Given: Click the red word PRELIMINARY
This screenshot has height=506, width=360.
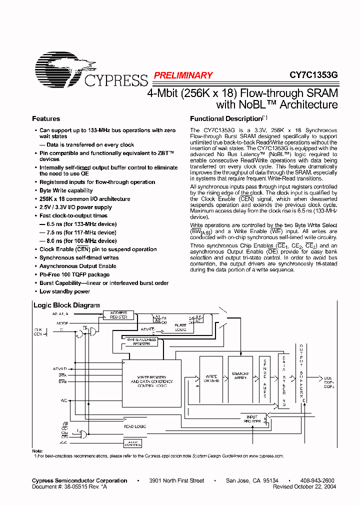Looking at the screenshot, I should pos(183,75).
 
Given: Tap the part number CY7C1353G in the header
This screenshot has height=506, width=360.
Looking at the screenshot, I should pos(313,75).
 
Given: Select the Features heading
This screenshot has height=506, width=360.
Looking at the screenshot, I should pos(46,119).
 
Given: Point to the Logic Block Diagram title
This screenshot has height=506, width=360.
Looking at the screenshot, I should pos(66,305).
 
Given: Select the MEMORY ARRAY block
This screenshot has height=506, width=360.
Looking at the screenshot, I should pos(240,376).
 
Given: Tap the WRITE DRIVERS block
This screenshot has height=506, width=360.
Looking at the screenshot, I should pos(211,378).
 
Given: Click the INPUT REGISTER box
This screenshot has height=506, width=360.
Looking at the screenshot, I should pos(252,419).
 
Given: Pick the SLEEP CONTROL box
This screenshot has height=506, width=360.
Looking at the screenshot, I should pos(132,443).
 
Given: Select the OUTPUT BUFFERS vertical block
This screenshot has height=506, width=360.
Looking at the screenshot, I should pos(301,375).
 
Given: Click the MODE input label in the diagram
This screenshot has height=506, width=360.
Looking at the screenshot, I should pos(62,323).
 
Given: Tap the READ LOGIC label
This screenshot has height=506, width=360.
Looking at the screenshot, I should pos(134,426).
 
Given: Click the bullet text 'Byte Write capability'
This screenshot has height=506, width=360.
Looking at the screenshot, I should pos(66,190).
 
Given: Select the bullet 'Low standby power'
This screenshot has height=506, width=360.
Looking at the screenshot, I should pos(64,291).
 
